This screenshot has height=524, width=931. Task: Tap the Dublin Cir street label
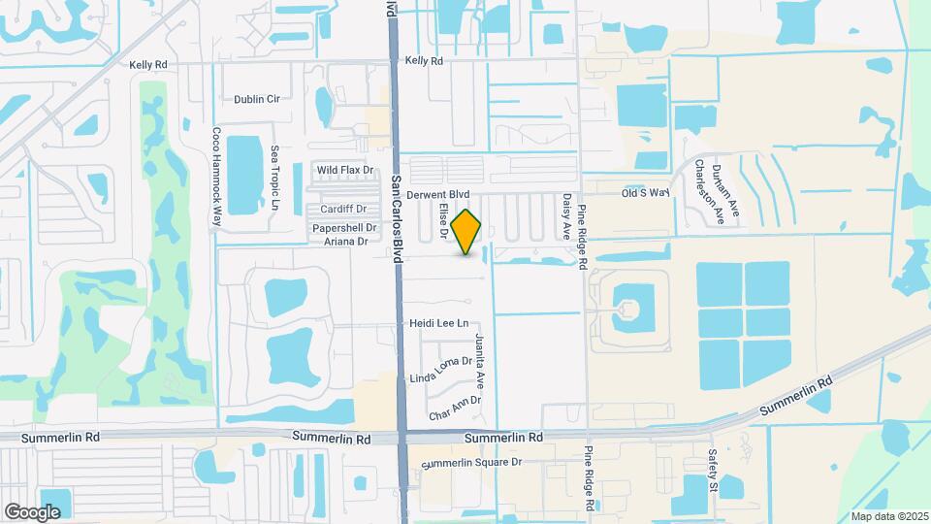[256, 99]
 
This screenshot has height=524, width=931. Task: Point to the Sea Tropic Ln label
[274, 180]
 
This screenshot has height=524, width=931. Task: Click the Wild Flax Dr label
[345, 170]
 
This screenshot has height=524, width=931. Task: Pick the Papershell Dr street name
[343, 227]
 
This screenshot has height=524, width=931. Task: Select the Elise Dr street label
[443, 220]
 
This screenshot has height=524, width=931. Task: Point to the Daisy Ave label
[566, 216]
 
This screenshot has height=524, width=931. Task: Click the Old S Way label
[646, 193]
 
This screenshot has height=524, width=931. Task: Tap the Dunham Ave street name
[734, 186]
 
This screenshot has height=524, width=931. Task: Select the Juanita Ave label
[479, 359]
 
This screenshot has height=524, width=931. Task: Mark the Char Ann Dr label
[455, 401]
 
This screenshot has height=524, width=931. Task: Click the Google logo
[33, 511]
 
